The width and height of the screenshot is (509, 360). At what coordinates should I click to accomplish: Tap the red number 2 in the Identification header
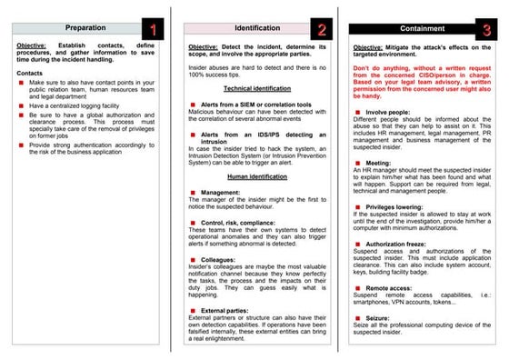pos(321,30)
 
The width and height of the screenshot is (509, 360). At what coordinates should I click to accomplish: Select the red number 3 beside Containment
pos(487,30)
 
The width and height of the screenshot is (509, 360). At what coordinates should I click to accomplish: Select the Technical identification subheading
pos(251,88)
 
